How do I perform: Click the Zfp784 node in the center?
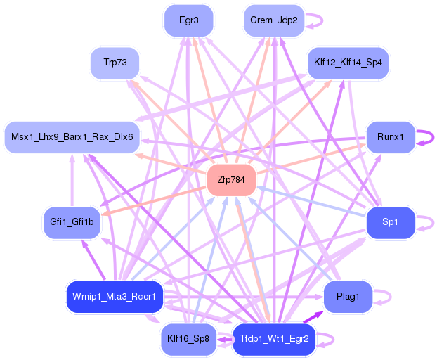coord(231,180)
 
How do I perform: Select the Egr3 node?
coord(188,20)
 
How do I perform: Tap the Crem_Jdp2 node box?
coord(274,20)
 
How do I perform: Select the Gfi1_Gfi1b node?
coord(73,222)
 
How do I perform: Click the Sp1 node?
coord(391,222)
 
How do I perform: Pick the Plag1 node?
coord(348,297)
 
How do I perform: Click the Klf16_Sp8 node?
coord(188,339)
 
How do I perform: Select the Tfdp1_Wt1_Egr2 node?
coord(274,339)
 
